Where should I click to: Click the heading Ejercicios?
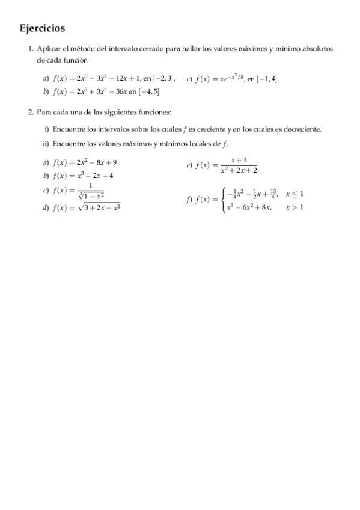42,28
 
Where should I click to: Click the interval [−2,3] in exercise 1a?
163,79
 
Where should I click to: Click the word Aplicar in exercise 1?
48,48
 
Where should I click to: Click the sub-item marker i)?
46,129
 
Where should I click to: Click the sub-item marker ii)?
45,144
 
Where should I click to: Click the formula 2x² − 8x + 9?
93,162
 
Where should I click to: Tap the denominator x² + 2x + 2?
238,170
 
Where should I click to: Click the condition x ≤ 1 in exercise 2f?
294,194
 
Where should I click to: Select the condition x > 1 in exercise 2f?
294,208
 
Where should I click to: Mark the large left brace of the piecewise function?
223,201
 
